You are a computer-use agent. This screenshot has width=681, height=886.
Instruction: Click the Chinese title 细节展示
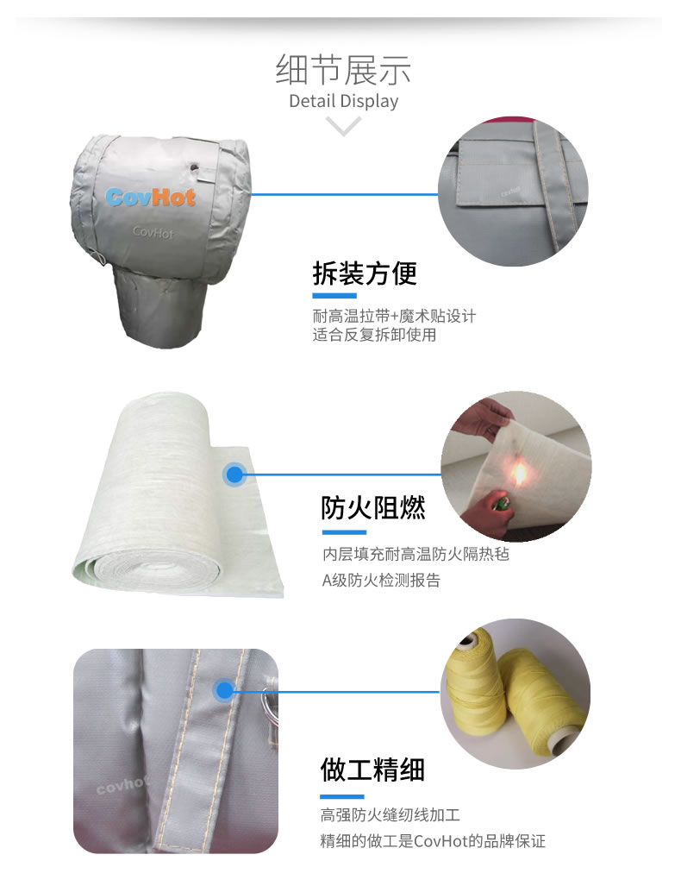343,70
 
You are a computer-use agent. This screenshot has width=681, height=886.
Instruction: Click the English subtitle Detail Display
343,101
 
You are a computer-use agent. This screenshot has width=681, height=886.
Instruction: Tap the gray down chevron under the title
343,126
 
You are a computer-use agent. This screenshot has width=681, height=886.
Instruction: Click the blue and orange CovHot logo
150,197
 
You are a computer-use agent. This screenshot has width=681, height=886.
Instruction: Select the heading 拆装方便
365,273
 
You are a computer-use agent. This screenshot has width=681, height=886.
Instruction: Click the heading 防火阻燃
373,507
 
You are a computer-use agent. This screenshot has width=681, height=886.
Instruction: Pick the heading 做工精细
372,770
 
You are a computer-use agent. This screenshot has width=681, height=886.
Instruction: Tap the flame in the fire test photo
518,473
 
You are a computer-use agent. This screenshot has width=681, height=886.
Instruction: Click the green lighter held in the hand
499,503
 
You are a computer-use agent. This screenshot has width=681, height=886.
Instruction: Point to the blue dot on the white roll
234,474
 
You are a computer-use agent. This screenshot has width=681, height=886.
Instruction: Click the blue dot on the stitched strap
224,690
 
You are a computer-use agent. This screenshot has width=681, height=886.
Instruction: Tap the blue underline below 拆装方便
334,296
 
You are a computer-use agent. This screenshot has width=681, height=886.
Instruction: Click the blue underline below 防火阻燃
344,532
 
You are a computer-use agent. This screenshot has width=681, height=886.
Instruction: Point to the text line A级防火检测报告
381,581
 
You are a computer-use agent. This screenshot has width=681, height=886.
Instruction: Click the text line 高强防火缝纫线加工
390,814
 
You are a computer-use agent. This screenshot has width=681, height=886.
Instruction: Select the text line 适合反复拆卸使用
374,335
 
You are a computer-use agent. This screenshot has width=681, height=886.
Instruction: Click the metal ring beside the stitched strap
270,705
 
